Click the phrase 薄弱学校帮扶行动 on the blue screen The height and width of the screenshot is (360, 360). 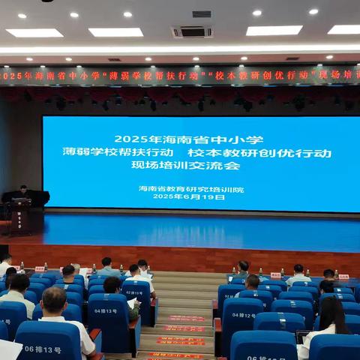click(x=115, y=151)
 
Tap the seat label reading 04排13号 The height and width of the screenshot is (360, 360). click(x=105, y=310)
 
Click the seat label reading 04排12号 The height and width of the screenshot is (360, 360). click(x=243, y=315)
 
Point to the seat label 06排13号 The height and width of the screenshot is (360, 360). click(x=43, y=349)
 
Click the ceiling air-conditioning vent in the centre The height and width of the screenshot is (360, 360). click(x=191, y=31)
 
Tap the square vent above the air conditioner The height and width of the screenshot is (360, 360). click(x=201, y=13)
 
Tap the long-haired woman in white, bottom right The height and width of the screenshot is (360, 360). click(x=330, y=322)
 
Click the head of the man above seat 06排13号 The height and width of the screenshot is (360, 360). click(x=54, y=301)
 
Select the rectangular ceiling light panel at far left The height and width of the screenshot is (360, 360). click(x=34, y=33)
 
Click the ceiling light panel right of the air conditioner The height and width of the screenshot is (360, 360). click(x=274, y=31)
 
